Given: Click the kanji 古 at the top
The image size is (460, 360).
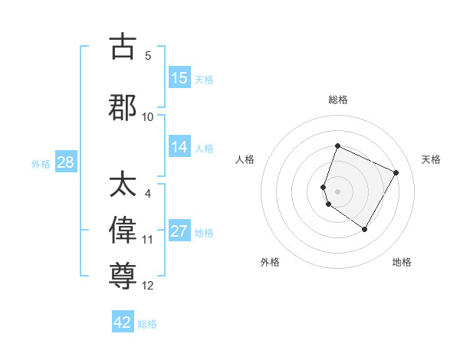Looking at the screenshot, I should click(123, 47).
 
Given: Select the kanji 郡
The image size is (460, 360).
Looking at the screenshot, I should click(123, 107).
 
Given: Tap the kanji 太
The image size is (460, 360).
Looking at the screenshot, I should click(123, 185).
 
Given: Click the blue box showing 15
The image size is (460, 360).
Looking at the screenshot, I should click(179, 78).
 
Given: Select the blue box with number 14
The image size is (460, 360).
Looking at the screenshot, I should click(179, 148).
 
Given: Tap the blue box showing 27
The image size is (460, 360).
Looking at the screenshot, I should click(179, 232).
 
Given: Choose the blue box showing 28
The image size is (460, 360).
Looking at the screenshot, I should click(65, 162).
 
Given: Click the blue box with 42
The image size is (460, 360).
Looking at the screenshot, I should click(123, 322).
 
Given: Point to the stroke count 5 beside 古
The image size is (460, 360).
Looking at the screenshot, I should click(148, 55).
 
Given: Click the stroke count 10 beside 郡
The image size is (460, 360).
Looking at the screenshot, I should click(148, 116).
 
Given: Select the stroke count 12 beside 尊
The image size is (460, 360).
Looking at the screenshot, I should click(148, 286).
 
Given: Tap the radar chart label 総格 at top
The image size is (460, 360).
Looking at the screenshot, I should click(337, 100).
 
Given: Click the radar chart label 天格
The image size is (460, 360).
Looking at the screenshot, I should click(431, 159).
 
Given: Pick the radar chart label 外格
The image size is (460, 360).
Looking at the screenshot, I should click(270, 263).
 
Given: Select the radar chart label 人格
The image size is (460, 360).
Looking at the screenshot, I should click(245, 159).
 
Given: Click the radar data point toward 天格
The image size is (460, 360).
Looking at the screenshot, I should click(396, 172).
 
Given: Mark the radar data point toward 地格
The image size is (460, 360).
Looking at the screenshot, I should click(365, 229).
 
